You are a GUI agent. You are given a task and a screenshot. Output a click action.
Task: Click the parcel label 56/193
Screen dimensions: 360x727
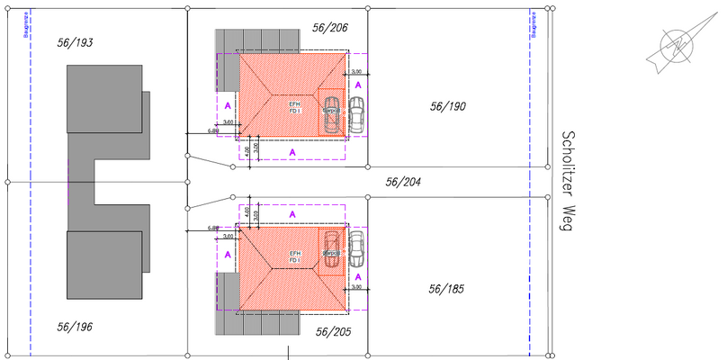pos(76,42)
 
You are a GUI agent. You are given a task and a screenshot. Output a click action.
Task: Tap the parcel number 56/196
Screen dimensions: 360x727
pos(75,327)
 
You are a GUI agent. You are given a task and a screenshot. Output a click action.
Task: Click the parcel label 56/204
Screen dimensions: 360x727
pos(404,181)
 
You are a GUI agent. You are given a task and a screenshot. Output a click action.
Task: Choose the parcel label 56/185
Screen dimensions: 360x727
pos(449,289)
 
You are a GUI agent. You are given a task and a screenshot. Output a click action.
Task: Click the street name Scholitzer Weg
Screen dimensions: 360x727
pos(567,181)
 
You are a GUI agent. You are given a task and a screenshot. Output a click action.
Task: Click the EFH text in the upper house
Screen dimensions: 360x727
pos(294,104)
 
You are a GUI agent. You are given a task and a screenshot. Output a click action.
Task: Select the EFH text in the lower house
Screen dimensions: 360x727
pos(294,254)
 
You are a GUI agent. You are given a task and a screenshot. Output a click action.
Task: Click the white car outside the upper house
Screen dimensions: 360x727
pos(357,114)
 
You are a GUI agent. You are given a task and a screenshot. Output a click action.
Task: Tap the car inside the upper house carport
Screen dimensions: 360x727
pos(332,113)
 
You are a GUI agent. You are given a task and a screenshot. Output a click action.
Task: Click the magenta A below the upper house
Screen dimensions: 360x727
pos(293,153)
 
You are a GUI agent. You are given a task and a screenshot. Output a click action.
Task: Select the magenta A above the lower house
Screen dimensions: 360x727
pos(293,214)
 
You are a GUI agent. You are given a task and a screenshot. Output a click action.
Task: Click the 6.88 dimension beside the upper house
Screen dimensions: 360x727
pos(213,130)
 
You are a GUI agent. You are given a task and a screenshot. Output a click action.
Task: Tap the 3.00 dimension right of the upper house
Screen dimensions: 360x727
pos(356,71)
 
